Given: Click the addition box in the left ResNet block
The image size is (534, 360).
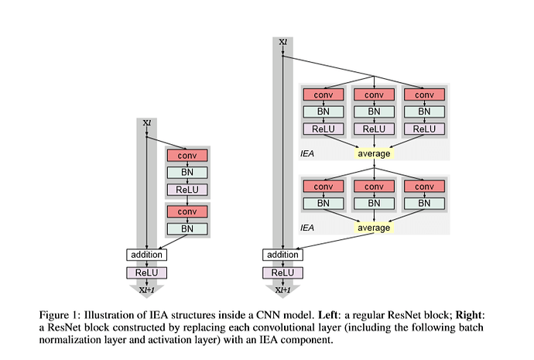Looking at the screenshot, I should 146,254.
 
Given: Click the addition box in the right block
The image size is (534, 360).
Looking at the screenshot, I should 282,254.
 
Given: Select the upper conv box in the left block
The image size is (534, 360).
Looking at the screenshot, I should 187,155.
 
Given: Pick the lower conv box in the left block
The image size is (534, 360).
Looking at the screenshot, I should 187,211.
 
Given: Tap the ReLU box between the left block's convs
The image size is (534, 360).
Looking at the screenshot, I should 187,190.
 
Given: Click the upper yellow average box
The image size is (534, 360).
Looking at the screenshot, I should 375,153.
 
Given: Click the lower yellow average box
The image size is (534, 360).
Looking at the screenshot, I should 375,228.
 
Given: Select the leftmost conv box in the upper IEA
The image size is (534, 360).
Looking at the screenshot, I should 323,94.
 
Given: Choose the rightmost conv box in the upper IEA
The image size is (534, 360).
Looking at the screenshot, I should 425,94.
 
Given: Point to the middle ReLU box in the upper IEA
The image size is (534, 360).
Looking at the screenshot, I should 375,129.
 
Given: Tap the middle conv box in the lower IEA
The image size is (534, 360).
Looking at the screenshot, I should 375,187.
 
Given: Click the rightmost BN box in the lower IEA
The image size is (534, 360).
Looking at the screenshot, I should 425,204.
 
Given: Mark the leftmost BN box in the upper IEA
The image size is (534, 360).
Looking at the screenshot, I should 323,111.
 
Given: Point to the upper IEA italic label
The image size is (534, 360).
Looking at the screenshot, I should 307,153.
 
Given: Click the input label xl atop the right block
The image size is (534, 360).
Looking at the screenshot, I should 283,42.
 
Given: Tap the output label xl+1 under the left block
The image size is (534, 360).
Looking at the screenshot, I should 146,290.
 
